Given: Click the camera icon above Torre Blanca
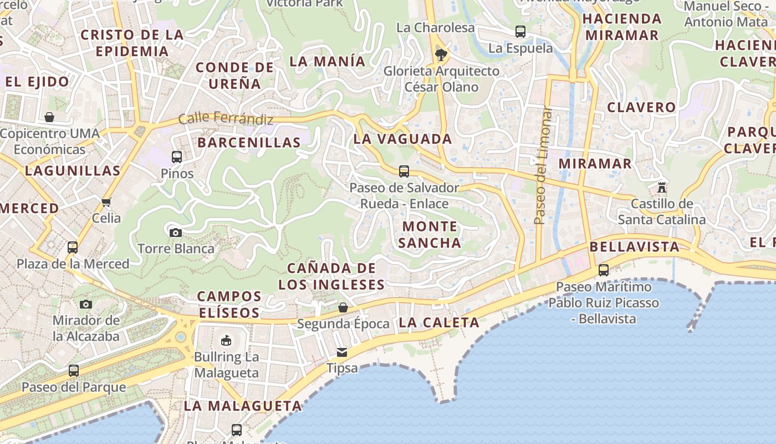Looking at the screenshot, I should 175,233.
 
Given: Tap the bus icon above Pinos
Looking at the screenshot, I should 177,157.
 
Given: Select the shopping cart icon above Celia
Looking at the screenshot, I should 106,202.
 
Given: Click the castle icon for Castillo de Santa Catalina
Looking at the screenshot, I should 661,187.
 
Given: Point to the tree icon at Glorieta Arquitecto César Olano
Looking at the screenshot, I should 441,54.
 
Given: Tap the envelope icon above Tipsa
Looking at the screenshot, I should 341,352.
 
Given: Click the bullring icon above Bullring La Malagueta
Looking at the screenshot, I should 226,340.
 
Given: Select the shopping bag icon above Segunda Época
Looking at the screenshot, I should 343,307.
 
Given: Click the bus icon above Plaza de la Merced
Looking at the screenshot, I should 73,248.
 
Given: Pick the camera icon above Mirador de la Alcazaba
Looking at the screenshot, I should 85,304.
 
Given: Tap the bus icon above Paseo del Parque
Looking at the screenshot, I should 74,371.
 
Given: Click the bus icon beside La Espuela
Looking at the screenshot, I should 520,32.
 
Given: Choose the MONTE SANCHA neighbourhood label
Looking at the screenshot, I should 430,235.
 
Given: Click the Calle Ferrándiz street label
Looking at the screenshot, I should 226,119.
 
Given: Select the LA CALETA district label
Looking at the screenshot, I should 439,322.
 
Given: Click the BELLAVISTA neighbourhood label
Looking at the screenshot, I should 635,247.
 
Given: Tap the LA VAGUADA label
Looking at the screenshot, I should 403,139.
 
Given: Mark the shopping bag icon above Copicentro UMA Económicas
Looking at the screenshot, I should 49,117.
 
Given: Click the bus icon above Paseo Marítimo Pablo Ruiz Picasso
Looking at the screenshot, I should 604,270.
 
